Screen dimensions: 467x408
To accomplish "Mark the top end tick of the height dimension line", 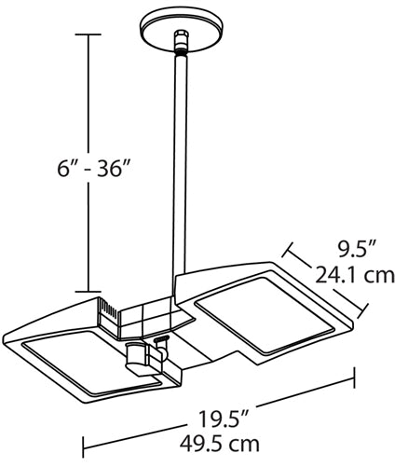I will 88,34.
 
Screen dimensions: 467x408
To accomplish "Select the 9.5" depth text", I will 357,250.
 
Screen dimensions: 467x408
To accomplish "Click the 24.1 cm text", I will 365,276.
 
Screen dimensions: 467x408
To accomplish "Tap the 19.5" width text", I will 216,419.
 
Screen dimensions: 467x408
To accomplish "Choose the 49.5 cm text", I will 216,444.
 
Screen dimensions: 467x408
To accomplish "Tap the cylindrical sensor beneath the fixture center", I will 140,359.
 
